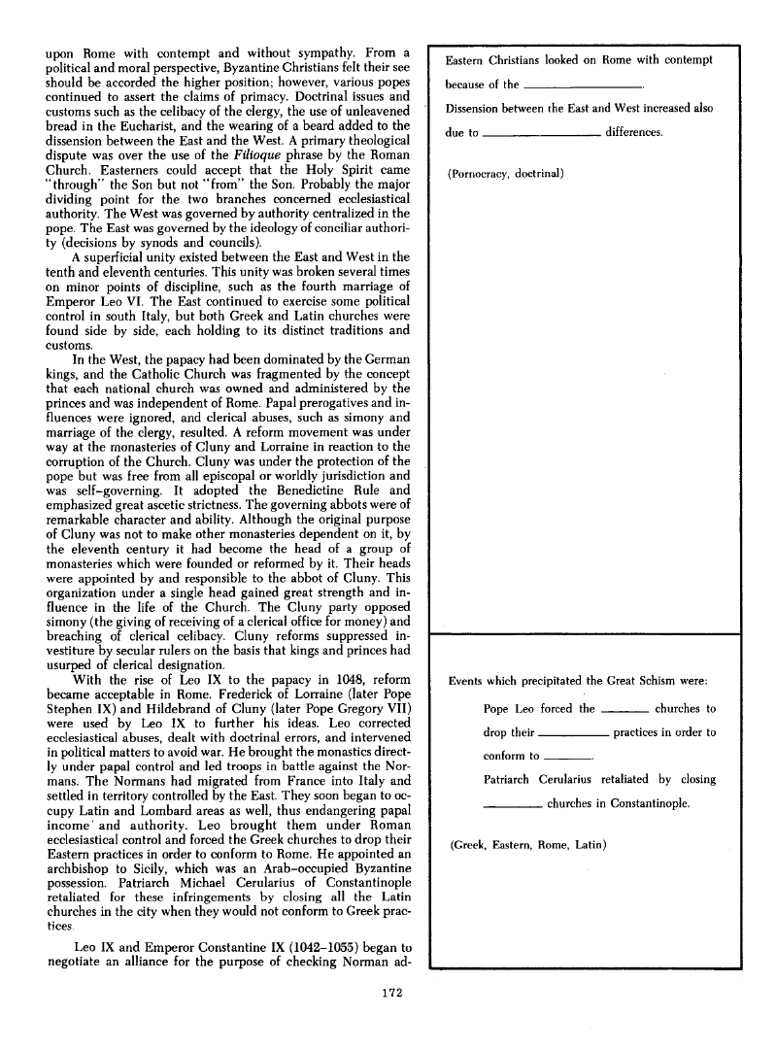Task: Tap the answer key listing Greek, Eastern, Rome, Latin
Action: point(528,844)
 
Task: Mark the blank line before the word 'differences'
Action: point(540,135)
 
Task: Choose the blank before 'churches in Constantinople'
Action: point(512,805)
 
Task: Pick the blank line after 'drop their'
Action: point(573,733)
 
